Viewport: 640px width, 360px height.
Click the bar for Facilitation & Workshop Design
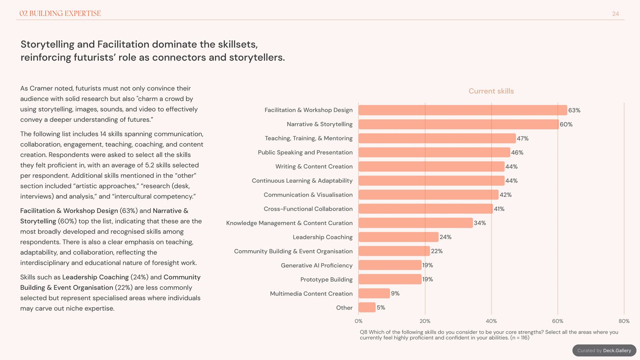tap(463, 110)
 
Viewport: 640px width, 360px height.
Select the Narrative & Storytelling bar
tap(459, 124)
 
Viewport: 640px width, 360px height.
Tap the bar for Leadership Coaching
tap(398, 237)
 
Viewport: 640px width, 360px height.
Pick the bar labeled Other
tap(367, 308)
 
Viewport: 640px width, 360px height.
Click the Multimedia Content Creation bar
tap(374, 293)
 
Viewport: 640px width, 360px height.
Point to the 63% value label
tap(574, 110)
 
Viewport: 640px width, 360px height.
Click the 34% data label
tap(480, 223)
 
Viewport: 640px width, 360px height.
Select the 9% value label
tap(395, 293)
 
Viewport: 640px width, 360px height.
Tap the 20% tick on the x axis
tap(425, 321)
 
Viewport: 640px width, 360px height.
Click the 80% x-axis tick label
tap(624, 321)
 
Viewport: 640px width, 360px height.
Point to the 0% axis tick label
tap(359, 321)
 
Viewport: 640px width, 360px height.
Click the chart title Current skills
tap(491, 91)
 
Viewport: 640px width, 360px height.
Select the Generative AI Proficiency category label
tap(316, 265)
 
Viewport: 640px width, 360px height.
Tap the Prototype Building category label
tap(326, 280)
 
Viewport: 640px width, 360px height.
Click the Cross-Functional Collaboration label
tap(308, 209)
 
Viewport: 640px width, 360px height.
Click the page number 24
tap(616, 14)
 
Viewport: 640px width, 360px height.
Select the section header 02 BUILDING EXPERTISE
tap(60, 13)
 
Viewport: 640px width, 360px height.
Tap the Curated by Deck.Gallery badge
tap(604, 350)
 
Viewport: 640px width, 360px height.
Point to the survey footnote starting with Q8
tap(489, 335)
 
